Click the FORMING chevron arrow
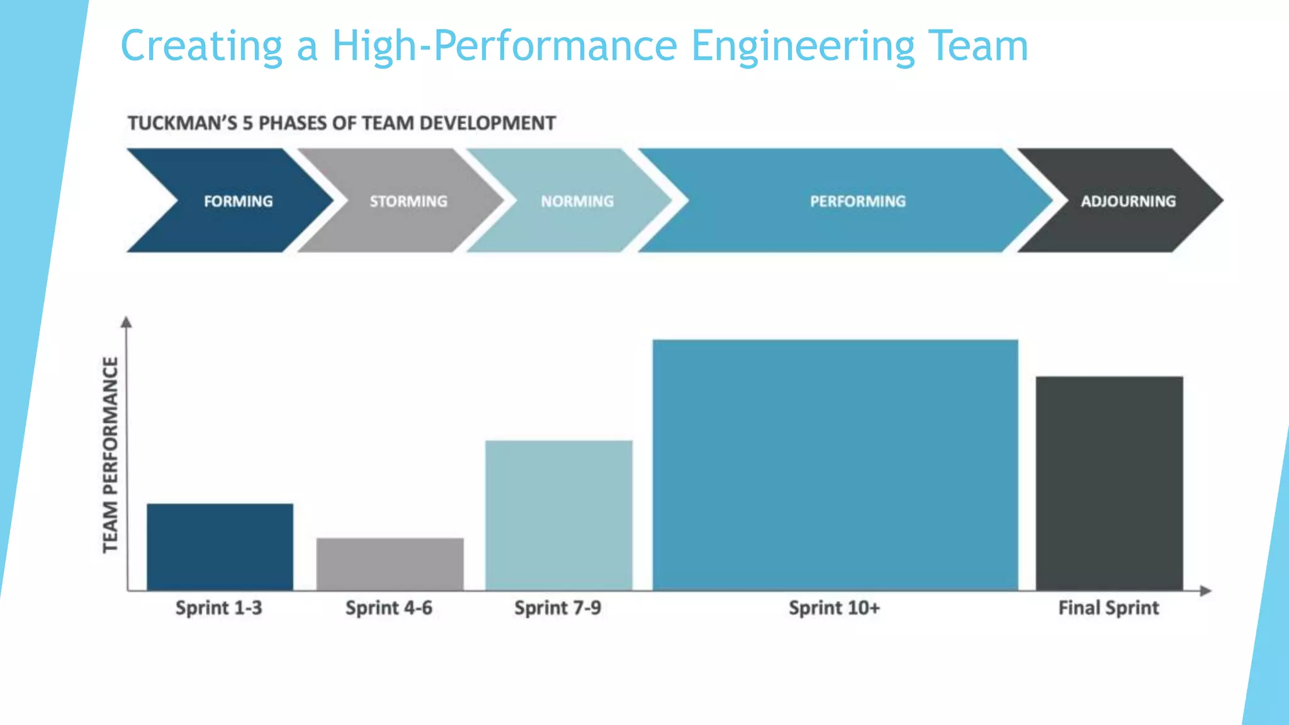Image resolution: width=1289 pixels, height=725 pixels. click(x=238, y=201)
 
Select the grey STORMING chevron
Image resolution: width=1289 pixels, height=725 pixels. click(x=408, y=201)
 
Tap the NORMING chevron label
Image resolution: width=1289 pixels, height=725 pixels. click(x=577, y=201)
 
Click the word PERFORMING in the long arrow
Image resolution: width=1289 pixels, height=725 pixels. click(x=857, y=201)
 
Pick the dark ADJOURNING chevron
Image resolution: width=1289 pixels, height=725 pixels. click(x=1128, y=201)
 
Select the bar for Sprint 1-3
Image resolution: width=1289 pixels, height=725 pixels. click(x=220, y=546)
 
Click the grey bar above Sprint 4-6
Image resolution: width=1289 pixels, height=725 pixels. click(x=390, y=563)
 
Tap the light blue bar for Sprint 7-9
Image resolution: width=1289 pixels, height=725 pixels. click(x=558, y=515)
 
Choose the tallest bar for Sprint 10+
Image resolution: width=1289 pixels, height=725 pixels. click(x=835, y=464)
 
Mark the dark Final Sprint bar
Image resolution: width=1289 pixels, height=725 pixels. click(x=1109, y=483)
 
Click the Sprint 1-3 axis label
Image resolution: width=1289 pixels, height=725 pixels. click(x=218, y=607)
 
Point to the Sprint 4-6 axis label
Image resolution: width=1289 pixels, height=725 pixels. click(x=388, y=607)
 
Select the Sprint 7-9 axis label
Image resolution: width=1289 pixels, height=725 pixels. click(x=558, y=607)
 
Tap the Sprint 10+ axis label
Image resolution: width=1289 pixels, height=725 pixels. click(x=834, y=607)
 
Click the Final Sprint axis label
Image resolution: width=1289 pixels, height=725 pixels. click(x=1108, y=607)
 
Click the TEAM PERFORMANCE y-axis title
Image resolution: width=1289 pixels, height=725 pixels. click(x=110, y=454)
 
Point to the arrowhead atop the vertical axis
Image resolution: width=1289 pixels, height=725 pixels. click(x=127, y=322)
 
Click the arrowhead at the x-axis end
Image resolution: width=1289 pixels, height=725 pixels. click(x=1205, y=590)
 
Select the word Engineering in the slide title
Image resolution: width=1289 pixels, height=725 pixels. click(x=802, y=46)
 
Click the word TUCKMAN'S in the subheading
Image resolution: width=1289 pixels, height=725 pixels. click(x=183, y=123)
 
